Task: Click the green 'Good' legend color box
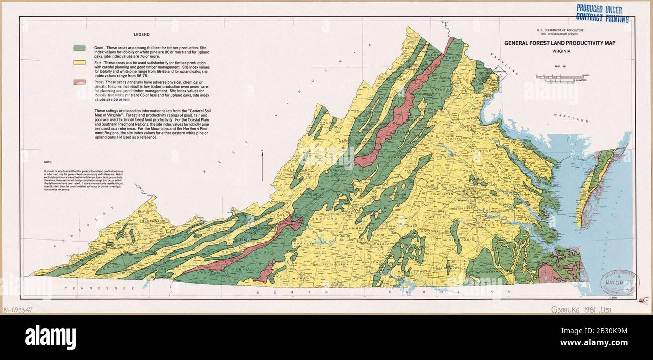(79, 48)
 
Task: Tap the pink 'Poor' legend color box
(79, 82)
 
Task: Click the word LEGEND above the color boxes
(141, 35)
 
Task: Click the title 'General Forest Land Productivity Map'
(560, 43)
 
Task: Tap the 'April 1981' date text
(561, 66)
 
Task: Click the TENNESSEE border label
(98, 289)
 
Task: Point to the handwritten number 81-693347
(18, 310)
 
